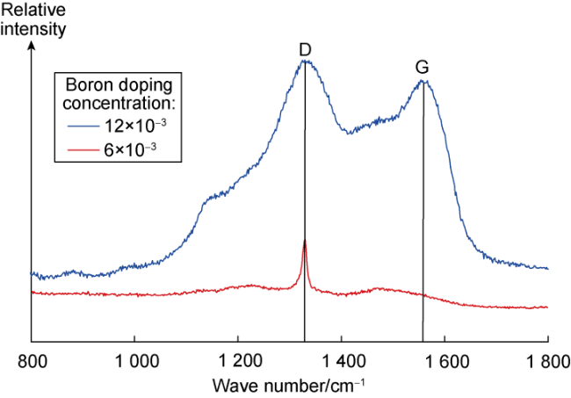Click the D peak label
click(x=305, y=50)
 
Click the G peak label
click(x=423, y=68)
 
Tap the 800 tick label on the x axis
click(x=32, y=360)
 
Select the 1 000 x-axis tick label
click(x=134, y=360)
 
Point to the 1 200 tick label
click(x=237, y=360)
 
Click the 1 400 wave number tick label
click(x=341, y=360)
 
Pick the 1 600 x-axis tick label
click(x=445, y=360)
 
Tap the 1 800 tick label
click(x=546, y=360)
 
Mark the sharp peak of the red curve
click(x=305, y=240)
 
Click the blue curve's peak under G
click(x=423, y=81)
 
